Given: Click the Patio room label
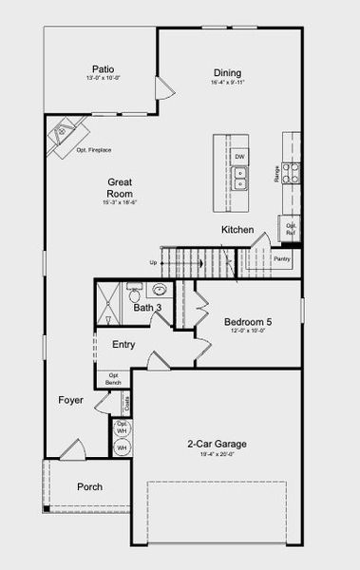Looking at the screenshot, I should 104,68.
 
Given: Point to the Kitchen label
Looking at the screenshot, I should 237,231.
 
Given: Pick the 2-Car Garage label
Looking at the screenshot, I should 217,444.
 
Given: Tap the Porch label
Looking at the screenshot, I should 90,487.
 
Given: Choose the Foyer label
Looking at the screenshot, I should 70,401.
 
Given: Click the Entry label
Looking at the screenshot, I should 123,345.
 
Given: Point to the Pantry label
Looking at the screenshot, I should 281,258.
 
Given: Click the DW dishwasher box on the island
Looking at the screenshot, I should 240,156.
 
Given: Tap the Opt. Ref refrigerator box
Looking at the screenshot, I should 290,228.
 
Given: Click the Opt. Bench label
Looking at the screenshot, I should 114,379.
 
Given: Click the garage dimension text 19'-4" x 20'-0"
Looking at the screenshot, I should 217,455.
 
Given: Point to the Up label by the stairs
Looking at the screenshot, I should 153,263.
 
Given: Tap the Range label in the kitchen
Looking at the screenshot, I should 277,173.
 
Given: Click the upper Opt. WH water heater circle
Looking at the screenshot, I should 122,429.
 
